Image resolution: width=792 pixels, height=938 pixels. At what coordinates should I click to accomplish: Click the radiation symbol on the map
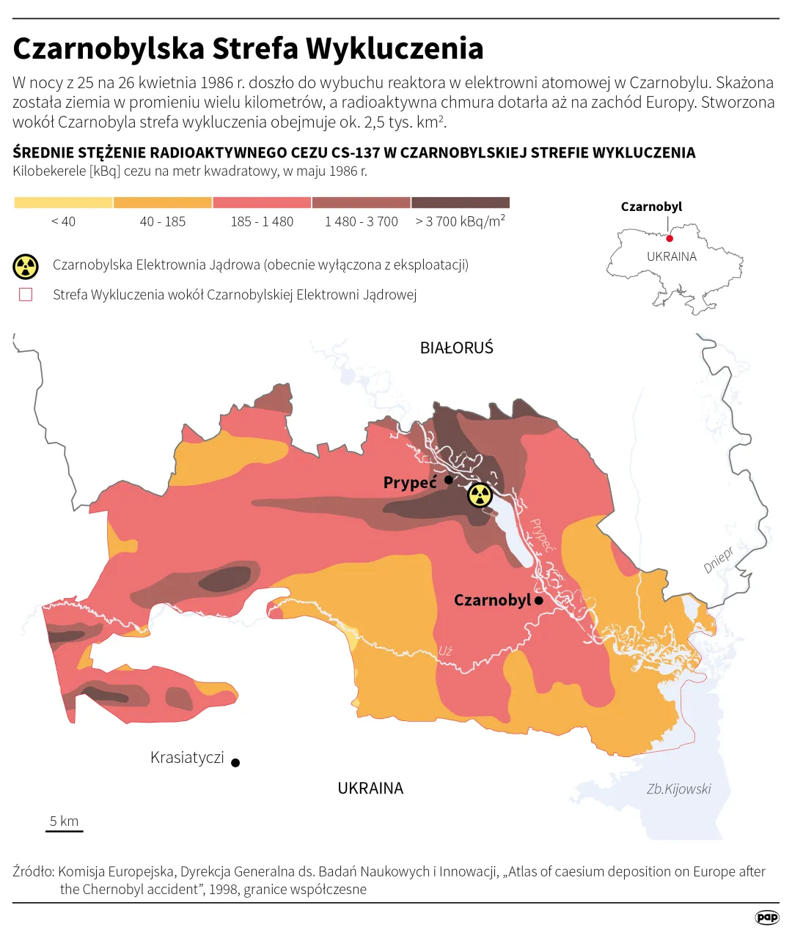click(x=480, y=495)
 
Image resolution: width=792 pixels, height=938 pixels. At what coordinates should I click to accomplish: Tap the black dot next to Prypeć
click(x=449, y=480)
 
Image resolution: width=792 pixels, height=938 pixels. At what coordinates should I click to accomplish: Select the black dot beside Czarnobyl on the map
click(x=539, y=600)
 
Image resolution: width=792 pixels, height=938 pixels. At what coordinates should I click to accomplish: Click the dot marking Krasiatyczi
click(x=235, y=762)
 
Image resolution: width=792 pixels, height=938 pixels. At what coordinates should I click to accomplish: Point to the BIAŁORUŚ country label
click(x=456, y=348)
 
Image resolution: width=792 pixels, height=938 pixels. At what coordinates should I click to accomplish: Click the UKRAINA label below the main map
click(x=370, y=789)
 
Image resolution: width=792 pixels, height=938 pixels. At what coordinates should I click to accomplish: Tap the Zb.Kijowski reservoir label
click(x=678, y=789)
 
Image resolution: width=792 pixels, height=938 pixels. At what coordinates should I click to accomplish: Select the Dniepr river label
click(x=719, y=560)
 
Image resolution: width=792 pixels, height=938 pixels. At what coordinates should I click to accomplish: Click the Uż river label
click(x=446, y=651)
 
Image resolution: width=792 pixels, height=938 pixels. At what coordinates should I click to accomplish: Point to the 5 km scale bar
click(x=65, y=830)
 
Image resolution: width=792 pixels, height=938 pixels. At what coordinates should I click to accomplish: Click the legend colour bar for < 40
click(x=64, y=203)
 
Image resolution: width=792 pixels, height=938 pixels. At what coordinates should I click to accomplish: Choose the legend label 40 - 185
click(x=163, y=221)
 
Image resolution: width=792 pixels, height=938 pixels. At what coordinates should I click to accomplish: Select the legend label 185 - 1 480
click(x=262, y=221)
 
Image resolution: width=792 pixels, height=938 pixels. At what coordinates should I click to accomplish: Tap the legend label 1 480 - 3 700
click(x=362, y=221)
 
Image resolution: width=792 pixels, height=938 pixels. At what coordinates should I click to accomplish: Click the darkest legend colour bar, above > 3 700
click(x=461, y=203)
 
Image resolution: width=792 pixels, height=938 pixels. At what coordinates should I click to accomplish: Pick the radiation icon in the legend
click(x=26, y=267)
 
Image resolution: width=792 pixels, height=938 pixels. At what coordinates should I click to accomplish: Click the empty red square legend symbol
click(x=26, y=295)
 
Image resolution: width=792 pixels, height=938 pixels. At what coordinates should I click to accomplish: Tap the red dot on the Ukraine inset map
click(x=670, y=238)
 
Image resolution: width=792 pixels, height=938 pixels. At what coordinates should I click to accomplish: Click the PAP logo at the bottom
click(x=767, y=917)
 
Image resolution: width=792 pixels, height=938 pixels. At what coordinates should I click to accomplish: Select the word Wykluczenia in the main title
click(x=395, y=49)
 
